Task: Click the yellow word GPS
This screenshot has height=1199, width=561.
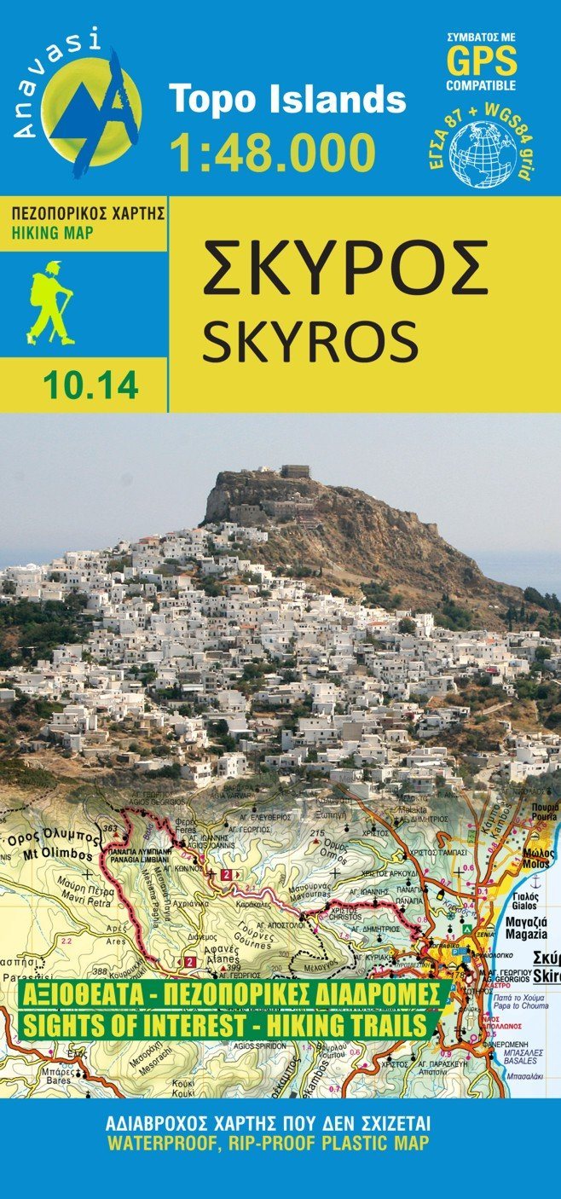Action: (482, 62)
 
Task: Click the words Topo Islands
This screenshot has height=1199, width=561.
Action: (287, 101)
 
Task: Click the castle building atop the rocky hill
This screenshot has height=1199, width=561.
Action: (295, 472)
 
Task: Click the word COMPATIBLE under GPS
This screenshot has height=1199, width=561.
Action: (482, 85)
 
